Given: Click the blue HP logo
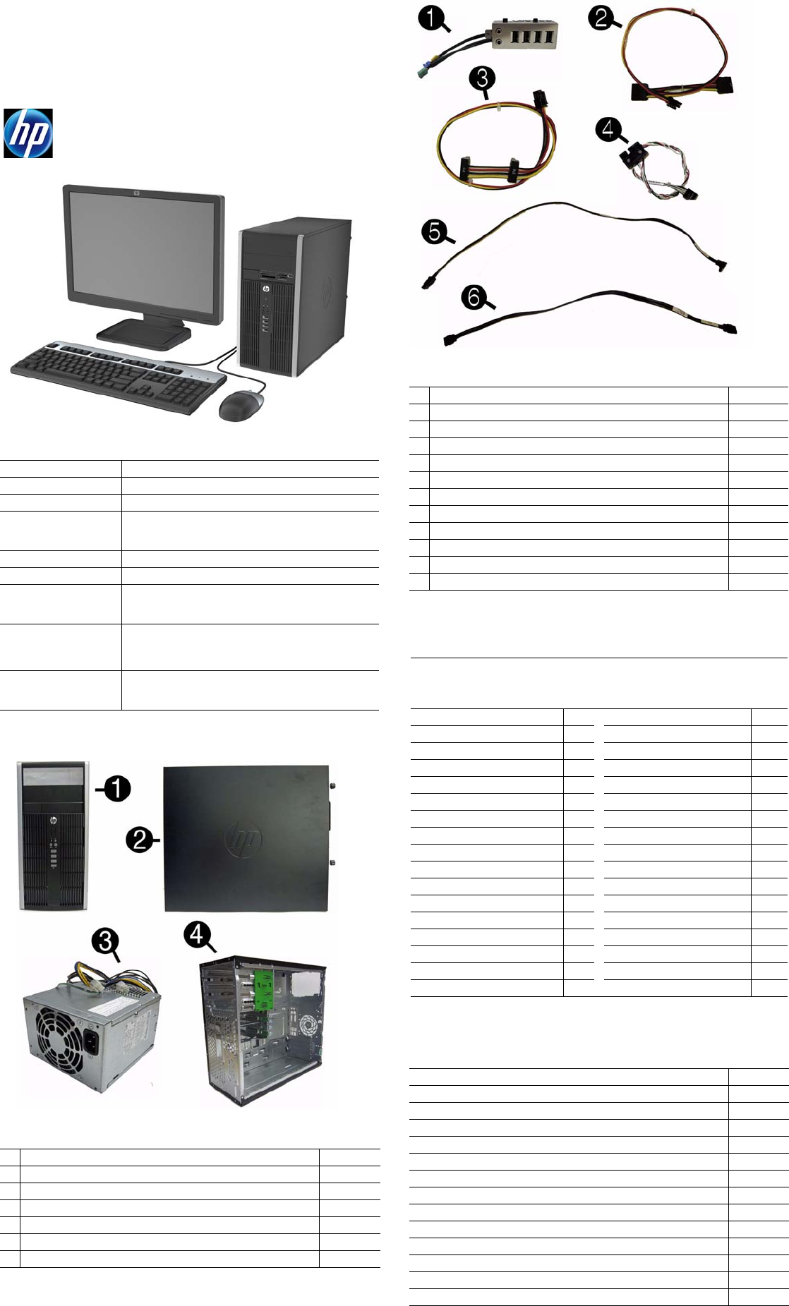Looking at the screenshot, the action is [x=28, y=133].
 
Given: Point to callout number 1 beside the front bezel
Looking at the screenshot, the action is [x=117, y=788].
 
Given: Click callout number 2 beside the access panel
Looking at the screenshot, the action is [x=140, y=840].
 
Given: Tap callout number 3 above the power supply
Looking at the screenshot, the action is [x=105, y=941].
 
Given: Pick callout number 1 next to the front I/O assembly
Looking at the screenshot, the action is [x=430, y=18].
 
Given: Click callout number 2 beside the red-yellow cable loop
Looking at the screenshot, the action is [x=601, y=17].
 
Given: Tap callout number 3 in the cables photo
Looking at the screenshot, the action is [x=482, y=78].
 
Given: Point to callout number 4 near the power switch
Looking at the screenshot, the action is [x=608, y=130].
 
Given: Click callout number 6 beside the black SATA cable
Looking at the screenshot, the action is [x=474, y=297].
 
